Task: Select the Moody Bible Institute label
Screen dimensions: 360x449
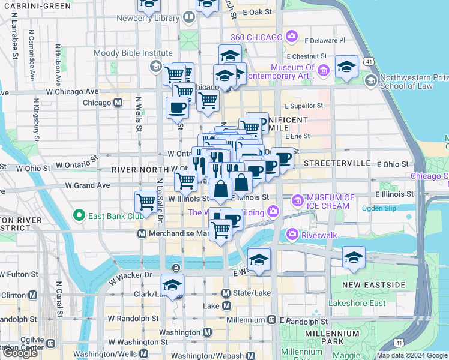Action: click(x=124, y=53)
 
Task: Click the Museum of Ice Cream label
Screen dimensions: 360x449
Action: click(x=328, y=202)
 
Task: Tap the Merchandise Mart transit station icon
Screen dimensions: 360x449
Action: click(x=142, y=233)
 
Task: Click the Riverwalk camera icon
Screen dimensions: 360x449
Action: click(x=292, y=233)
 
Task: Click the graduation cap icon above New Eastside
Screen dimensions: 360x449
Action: click(x=354, y=259)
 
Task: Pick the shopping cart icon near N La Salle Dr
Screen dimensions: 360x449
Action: click(x=146, y=202)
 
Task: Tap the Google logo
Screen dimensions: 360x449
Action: click(x=20, y=352)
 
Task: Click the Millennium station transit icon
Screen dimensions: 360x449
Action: click(x=272, y=320)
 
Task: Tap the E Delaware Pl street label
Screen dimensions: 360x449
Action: click(x=325, y=41)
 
